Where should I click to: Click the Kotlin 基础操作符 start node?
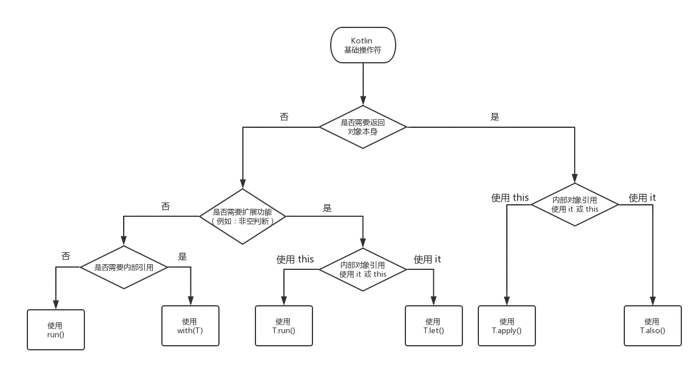[362, 46]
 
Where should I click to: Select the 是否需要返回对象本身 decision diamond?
[362, 127]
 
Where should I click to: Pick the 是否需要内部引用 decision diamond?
[124, 267]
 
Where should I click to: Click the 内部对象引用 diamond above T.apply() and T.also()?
[575, 204]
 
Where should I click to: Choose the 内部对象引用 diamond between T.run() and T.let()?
[363, 269]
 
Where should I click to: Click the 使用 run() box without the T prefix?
[55, 328]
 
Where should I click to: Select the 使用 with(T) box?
[190, 326]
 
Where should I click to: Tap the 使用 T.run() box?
[283, 326]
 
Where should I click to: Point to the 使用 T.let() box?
[433, 326]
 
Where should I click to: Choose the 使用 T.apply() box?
[507, 326]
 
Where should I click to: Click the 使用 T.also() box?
[653, 326]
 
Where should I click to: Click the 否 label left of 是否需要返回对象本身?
[283, 116]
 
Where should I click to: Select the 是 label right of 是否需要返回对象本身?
[495, 116]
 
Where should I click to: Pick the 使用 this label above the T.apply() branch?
[510, 198]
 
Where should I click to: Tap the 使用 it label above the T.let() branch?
[428, 260]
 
